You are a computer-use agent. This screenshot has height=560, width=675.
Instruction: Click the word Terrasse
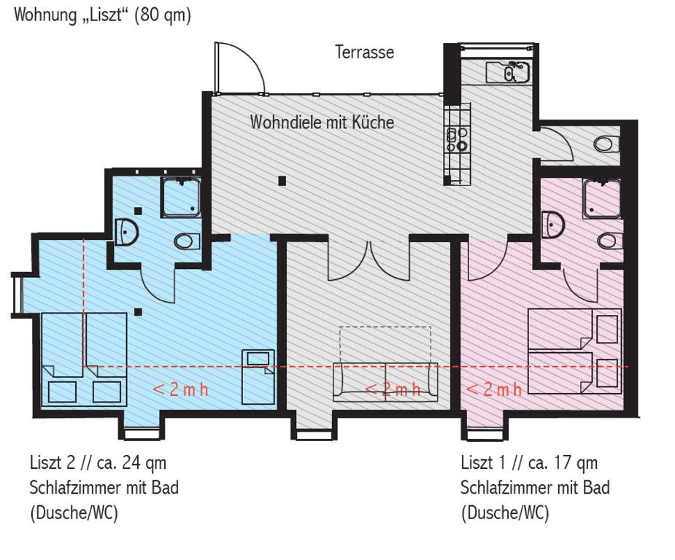coord(365,52)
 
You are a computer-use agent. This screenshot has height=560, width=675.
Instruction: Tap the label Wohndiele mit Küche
coord(322,122)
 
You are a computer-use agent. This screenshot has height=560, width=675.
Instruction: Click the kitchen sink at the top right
coord(508,72)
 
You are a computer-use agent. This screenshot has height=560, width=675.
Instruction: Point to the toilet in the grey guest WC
coord(606,144)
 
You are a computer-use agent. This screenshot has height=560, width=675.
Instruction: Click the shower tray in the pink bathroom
coord(602,199)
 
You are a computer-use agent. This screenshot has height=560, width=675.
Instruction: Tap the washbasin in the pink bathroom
coord(552,224)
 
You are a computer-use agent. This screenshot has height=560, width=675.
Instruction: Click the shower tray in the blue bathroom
coord(181,198)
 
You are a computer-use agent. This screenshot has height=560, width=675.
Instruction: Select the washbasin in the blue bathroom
coord(126,233)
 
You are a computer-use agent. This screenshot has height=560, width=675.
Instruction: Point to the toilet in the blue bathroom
coord(188,241)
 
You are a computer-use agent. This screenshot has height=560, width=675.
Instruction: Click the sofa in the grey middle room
coord(385,382)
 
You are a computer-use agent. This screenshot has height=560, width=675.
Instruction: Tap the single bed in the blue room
coord(258,377)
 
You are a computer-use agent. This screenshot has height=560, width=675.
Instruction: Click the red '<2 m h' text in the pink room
coord(494,389)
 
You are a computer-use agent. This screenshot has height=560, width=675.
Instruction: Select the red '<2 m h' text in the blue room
coord(181,389)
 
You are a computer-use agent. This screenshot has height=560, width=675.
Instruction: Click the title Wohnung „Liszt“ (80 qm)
coord(102,15)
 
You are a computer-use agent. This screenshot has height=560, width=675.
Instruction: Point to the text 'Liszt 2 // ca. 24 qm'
coord(99,463)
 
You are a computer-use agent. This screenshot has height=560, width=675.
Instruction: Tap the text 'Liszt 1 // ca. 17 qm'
coord(529,463)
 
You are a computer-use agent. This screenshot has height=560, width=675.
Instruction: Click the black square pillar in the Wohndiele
coord(282,181)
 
